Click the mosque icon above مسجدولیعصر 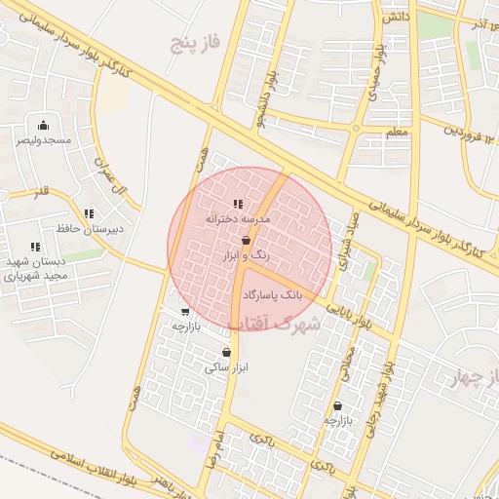coord(42,125)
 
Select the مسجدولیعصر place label coord(42,140)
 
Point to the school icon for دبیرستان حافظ coord(90,213)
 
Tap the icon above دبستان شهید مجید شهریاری coord(35,248)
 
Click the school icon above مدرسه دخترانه coord(238,205)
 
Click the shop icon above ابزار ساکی coord(227,353)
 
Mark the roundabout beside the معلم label coord(356,128)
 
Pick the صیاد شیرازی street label coord(348,233)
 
